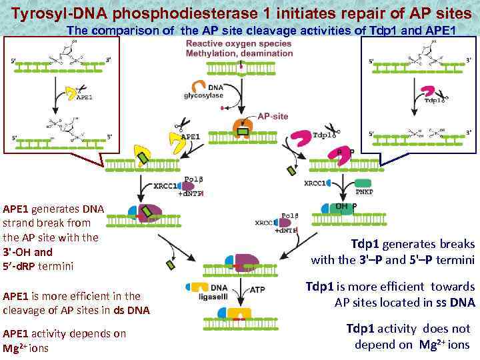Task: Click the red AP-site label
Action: point(273,116)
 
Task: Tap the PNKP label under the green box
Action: point(364,192)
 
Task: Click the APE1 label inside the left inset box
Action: point(85,96)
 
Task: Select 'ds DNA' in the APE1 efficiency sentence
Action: point(134,309)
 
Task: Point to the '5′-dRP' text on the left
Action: point(18,266)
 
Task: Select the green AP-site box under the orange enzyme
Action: point(243,131)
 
